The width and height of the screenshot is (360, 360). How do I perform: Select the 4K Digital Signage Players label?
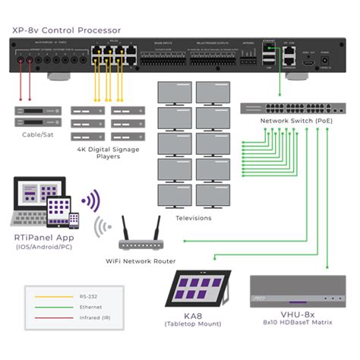click(107, 153)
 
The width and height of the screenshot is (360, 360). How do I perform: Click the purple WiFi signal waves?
click(91, 201)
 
